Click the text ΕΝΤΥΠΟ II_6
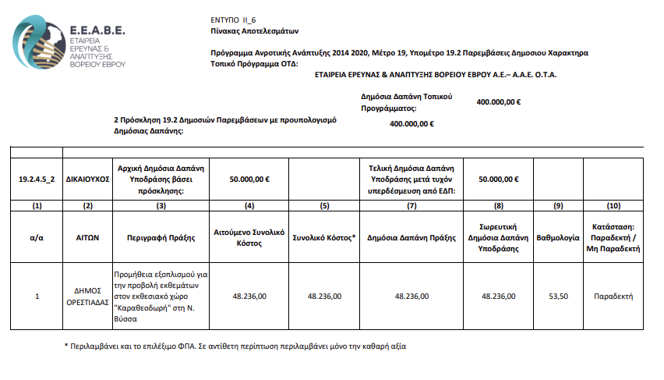coord(233,18)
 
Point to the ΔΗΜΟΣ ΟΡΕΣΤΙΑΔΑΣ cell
coord(87,297)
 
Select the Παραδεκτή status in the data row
coord(613,297)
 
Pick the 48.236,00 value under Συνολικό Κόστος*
coord(324,297)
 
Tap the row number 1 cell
coord(37,297)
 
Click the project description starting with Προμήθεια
coord(161,297)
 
